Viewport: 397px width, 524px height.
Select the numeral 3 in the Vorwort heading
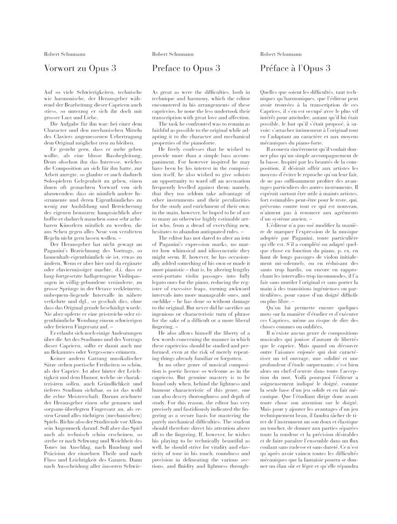pyautogui.click(x=113, y=68)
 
